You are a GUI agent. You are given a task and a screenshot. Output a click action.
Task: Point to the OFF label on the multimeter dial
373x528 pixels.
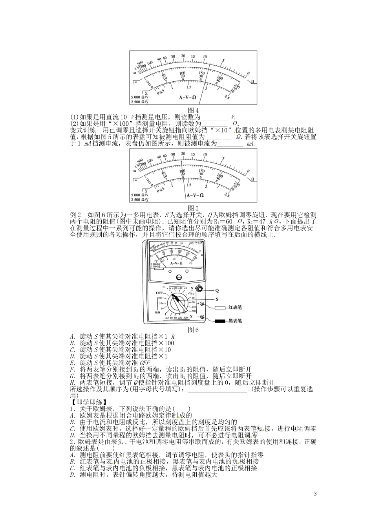pyautogui.click(x=159, y=293)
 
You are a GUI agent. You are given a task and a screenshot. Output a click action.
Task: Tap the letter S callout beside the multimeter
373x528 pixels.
pyautogui.click(x=216, y=299)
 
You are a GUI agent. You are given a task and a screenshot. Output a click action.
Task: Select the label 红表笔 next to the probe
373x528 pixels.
pyautogui.click(x=235, y=308)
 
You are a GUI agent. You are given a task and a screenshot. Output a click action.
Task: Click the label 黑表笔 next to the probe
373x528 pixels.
pyautogui.click(x=235, y=321)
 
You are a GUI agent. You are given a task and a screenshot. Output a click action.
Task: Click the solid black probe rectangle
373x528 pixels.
pyautogui.click(x=220, y=321)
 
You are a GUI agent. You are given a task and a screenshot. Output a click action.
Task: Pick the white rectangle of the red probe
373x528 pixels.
pyautogui.click(x=220, y=308)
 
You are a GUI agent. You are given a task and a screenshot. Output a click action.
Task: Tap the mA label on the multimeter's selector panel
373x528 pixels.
pyautogui.click(x=157, y=312)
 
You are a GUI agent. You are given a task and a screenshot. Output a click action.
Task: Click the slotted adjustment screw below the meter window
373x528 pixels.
pyautogui.click(x=179, y=277)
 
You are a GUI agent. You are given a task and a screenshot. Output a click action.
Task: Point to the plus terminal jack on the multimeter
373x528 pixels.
pyautogui.click(x=203, y=304)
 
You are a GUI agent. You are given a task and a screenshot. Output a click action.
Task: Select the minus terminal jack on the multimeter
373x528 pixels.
pyautogui.click(x=203, y=317)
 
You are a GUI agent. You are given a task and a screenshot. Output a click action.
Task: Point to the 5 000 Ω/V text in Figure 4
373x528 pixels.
pyautogui.click(x=140, y=97)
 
